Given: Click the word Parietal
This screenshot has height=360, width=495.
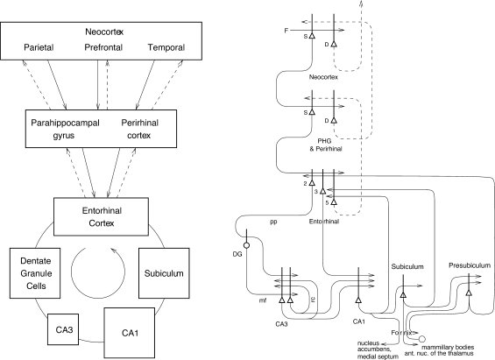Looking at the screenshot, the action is pos(39,47).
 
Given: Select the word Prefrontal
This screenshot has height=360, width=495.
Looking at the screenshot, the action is pos(103,47).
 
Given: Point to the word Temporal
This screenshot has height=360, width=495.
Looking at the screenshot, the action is pos(166,47).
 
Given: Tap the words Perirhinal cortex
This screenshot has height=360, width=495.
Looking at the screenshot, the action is pos(139,129).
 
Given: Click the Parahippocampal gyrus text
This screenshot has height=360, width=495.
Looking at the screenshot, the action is pos(65,129).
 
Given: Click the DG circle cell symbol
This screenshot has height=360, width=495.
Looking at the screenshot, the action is pos(246,245).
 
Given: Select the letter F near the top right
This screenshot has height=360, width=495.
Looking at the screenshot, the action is pos(286,31).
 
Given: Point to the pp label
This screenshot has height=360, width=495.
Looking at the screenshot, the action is pos(273,222).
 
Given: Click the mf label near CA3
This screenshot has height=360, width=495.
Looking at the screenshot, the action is pos(263,300).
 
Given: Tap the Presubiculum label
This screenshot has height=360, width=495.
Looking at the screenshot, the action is pos(470,265).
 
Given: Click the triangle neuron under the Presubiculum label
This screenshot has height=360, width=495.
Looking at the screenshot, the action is pos(469,293).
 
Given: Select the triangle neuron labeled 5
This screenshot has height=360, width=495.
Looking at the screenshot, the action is pos(334,202).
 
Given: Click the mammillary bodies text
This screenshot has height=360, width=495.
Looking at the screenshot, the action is pos(448,347).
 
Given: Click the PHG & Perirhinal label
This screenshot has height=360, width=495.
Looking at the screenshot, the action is pos(326,145).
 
